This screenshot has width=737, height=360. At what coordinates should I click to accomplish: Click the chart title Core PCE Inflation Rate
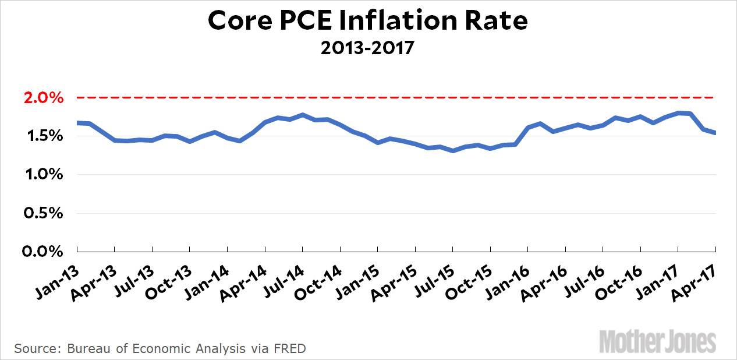click(x=368, y=20)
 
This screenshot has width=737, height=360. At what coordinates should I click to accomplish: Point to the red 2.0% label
click(x=42, y=97)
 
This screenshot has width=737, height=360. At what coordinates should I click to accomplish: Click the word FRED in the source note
click(x=289, y=348)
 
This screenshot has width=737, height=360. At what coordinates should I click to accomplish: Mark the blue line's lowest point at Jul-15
click(x=452, y=151)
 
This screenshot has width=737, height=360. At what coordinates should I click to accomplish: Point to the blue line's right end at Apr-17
click(x=714, y=133)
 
